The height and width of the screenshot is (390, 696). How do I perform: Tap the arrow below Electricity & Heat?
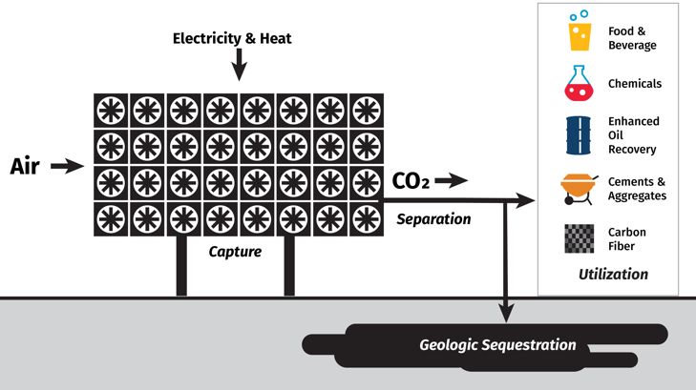tap(239, 67)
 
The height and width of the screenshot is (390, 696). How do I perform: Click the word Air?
tap(24, 167)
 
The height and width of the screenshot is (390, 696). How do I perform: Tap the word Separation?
tap(433, 219)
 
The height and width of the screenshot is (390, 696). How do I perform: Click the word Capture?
tap(235, 253)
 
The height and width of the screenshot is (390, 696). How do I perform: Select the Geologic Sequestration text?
tap(497, 344)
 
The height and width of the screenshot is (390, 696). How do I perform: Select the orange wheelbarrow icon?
tap(579, 187)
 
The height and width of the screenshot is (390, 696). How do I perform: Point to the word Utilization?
tap(613, 275)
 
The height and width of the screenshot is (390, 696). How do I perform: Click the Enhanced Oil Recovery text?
tap(633, 135)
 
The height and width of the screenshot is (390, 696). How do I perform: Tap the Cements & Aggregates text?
tap(637, 188)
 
